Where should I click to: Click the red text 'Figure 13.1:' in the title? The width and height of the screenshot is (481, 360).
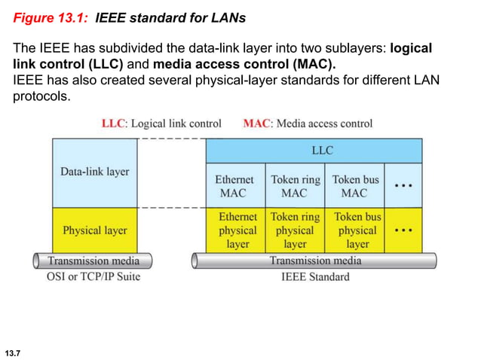52,17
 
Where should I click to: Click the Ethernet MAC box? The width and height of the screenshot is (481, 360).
235,186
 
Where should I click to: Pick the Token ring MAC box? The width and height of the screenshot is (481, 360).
295,186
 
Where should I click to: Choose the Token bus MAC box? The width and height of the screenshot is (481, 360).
355,186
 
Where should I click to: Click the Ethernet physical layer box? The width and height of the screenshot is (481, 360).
237,230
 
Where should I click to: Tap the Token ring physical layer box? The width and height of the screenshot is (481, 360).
295,230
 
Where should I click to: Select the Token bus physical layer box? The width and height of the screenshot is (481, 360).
356,230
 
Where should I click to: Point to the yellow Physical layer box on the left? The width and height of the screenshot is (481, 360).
95,230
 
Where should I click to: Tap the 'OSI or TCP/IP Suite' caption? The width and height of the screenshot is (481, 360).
93,276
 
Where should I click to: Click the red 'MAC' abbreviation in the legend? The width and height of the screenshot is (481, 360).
257,124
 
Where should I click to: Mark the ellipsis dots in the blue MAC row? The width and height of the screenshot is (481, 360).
403,185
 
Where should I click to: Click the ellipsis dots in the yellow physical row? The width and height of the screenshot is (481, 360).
403,228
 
